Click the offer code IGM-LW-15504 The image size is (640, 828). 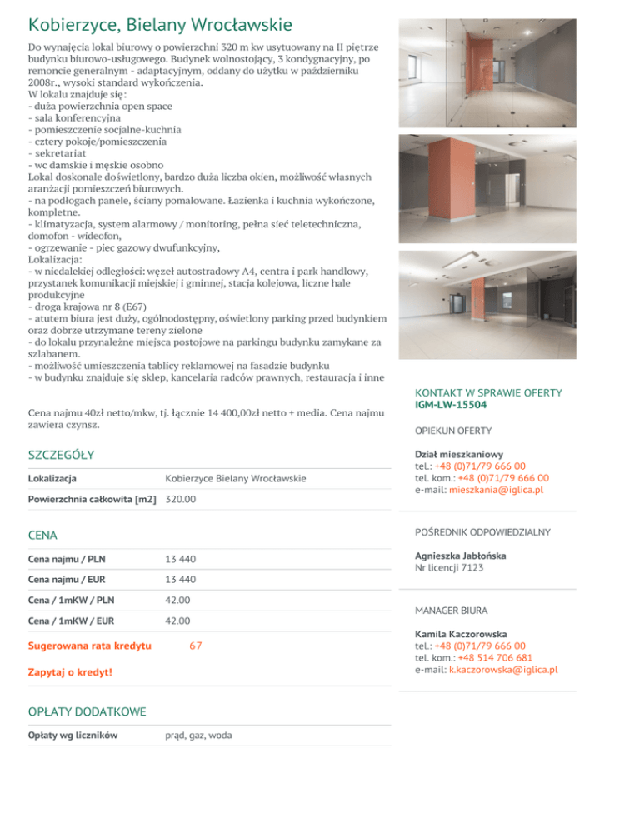pyautogui.click(x=451, y=406)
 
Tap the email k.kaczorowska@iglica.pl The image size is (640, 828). pyautogui.click(x=502, y=669)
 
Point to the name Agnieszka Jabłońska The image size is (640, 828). pyautogui.click(x=460, y=556)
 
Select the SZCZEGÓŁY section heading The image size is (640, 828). pyautogui.click(x=61, y=455)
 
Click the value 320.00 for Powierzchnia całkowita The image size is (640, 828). pyautogui.click(x=181, y=500)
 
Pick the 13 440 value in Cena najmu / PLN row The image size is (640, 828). pyautogui.click(x=181, y=558)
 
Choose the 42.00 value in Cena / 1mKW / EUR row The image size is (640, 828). pyautogui.click(x=178, y=621)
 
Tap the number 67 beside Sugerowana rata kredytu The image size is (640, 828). pyautogui.click(x=196, y=646)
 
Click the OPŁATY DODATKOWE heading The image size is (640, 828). pyautogui.click(x=87, y=711)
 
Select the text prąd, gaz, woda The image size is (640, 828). pyautogui.click(x=198, y=735)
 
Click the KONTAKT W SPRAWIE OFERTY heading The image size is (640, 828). pyautogui.click(x=488, y=393)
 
